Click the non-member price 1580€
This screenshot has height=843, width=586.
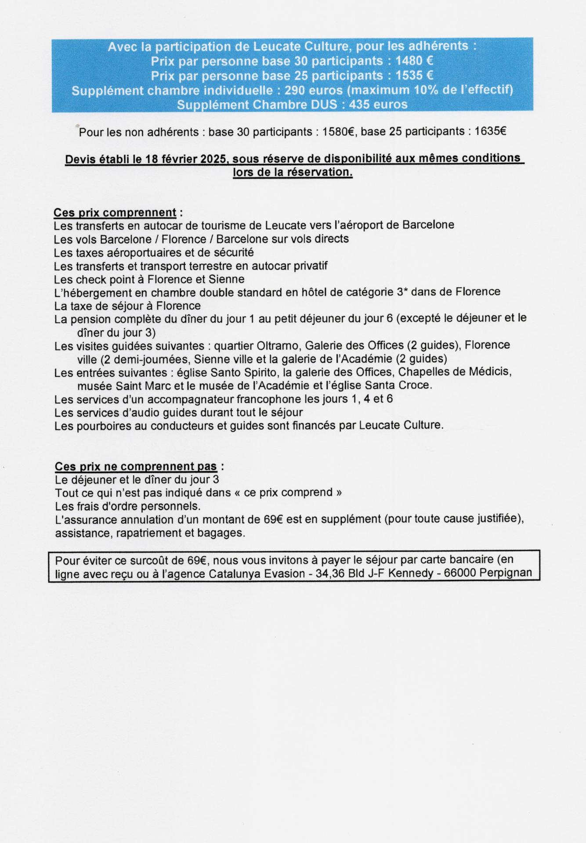tap(338, 131)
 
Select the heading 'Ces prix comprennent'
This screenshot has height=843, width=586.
tap(115, 213)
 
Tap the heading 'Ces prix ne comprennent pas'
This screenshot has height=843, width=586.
tap(136, 466)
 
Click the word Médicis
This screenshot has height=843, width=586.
tap(490, 372)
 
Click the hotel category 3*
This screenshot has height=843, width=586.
tap(402, 292)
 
